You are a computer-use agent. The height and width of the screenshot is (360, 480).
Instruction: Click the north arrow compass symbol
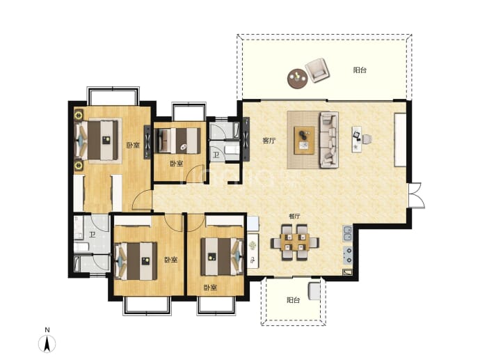(47, 344)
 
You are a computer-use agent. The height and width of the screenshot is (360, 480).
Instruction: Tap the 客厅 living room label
(269, 141)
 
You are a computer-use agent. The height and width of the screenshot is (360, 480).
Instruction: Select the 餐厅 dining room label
(294, 217)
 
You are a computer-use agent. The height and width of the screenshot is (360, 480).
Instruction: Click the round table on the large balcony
(298, 79)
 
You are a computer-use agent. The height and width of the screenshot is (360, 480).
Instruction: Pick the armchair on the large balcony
(319, 70)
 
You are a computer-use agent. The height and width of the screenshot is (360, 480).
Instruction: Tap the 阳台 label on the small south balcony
(294, 300)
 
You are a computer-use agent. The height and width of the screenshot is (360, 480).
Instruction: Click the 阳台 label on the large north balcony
(360, 70)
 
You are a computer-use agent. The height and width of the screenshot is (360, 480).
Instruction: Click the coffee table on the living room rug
(304, 140)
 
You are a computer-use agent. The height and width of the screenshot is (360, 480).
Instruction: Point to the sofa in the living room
(329, 140)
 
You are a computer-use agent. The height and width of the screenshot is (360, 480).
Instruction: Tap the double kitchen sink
(347, 233)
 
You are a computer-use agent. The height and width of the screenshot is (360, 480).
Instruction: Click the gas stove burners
(348, 256)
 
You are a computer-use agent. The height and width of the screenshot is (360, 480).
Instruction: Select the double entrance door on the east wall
(416, 196)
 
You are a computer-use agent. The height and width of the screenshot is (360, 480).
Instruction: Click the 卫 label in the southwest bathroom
(92, 235)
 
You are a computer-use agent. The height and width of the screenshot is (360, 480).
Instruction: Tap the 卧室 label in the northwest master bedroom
(133, 145)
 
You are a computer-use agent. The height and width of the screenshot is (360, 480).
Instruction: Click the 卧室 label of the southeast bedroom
(211, 288)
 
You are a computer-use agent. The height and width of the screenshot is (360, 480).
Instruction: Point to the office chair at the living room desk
(367, 139)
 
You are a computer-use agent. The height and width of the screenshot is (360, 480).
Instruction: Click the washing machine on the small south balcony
(314, 291)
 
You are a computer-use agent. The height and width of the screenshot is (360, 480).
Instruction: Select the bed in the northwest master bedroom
(97, 140)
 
